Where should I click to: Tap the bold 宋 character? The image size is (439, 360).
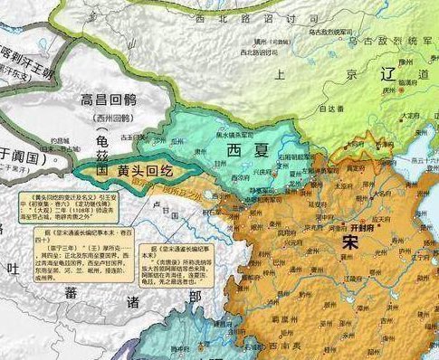point(351,242)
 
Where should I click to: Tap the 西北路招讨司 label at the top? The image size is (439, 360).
point(245,17)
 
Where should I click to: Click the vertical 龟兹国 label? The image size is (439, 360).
point(101,150)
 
